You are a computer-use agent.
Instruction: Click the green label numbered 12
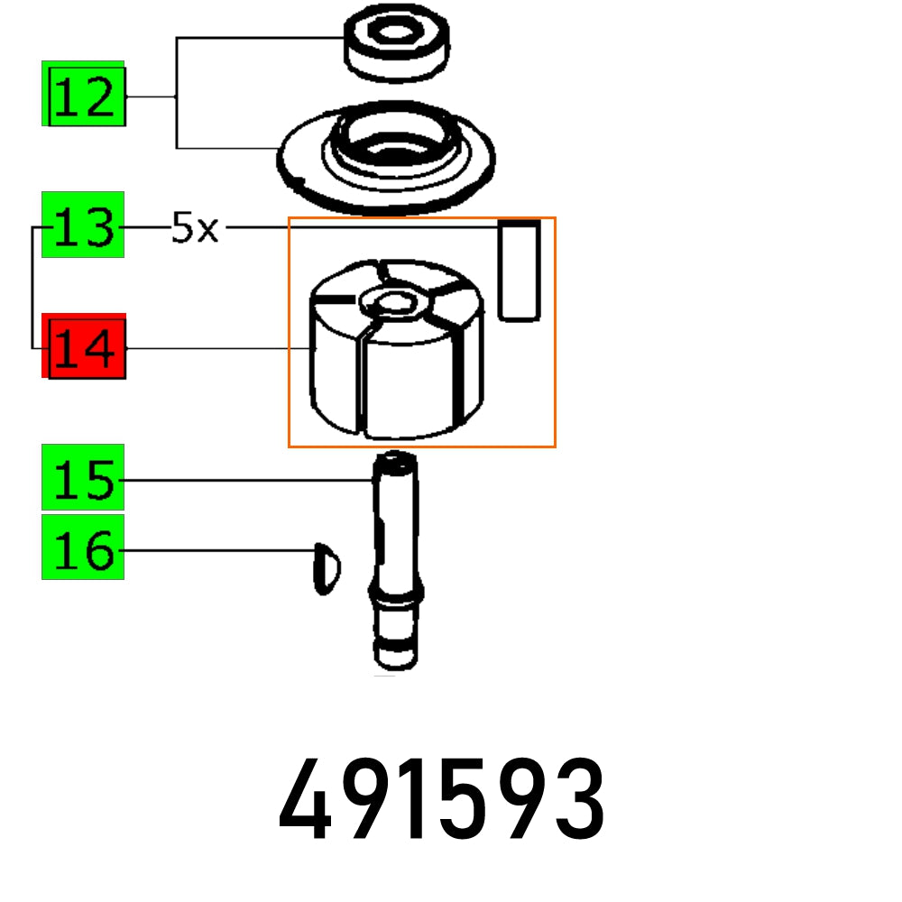point(83,94)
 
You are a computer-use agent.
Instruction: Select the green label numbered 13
point(83,225)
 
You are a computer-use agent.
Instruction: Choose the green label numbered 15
point(83,477)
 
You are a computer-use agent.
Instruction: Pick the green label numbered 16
point(83,548)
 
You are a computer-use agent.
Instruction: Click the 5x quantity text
point(195,229)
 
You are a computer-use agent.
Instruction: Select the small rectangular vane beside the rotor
point(520,271)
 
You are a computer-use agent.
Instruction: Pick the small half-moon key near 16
point(325,568)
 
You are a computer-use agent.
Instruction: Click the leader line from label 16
point(216,549)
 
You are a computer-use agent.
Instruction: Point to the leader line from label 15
point(244,481)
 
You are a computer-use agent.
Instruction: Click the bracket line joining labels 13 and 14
point(33,289)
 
